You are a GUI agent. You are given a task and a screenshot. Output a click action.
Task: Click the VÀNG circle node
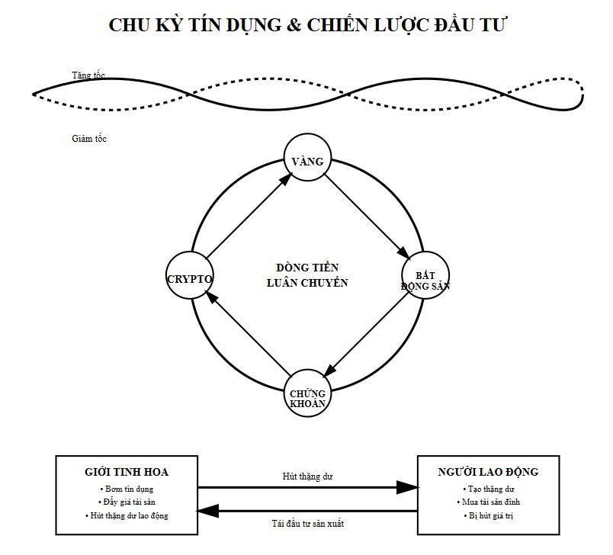tap(308, 161)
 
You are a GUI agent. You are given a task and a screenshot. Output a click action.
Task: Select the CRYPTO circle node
tap(189, 278)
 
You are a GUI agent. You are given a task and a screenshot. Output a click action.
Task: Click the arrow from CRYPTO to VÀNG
tap(249, 217)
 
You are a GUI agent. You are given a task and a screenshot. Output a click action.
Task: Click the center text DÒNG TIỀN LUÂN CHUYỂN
tap(307, 274)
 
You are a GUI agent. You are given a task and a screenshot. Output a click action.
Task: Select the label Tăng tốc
tap(88, 75)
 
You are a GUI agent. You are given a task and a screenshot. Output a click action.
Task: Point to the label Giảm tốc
tap(88, 139)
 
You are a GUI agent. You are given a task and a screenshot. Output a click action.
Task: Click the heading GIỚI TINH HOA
tap(127, 472)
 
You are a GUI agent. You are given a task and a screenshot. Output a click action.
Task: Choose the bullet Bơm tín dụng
tap(127, 489)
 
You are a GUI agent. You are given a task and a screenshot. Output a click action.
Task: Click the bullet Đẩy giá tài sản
tap(127, 502)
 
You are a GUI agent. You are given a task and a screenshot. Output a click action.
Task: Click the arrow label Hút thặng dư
tap(307, 476)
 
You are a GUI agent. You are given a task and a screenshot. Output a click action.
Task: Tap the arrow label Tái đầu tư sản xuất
tap(307, 524)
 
